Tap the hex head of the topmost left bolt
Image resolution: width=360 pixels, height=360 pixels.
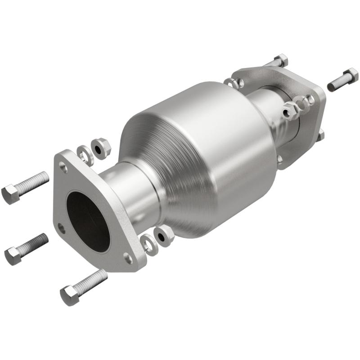click(10, 194)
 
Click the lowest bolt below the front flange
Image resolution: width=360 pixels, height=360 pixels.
click(84, 287)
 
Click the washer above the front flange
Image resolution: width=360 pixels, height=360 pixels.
click(85, 154)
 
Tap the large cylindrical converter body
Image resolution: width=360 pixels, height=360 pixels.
click(202, 153)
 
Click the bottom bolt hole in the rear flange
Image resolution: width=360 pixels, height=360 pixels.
click(280, 158)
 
